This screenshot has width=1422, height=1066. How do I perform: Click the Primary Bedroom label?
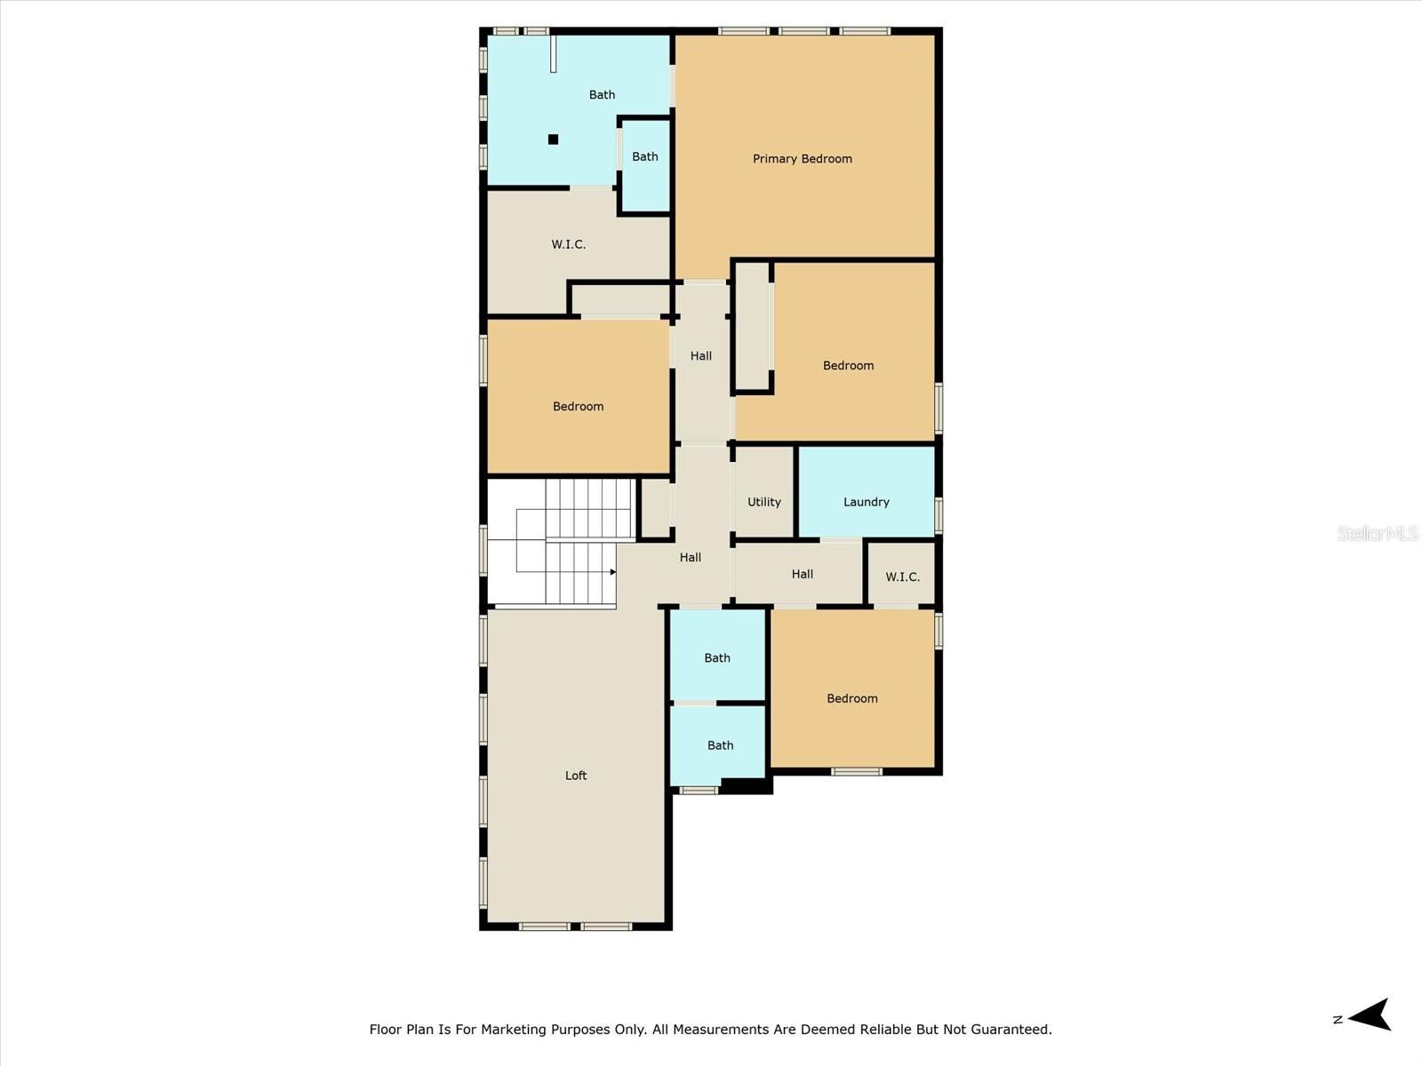point(802,159)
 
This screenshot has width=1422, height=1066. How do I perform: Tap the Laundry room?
point(866,502)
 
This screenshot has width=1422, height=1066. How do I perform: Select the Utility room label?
point(763,502)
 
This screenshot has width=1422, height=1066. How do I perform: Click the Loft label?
point(576,776)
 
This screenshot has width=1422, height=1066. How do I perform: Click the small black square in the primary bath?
point(553,139)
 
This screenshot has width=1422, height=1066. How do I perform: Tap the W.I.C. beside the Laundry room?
point(902,577)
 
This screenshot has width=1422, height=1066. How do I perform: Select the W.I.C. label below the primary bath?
point(568,244)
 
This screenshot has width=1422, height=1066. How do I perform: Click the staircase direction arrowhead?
point(613,572)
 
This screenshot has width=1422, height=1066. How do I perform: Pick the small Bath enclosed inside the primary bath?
point(645,157)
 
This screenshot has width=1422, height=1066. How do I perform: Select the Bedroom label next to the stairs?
point(578,407)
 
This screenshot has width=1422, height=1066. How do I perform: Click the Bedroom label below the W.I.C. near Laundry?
point(851,698)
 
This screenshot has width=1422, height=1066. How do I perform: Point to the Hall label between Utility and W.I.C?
point(802,575)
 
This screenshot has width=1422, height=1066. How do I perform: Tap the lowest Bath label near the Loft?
point(720,745)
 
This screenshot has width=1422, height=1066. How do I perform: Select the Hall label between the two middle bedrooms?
point(700,356)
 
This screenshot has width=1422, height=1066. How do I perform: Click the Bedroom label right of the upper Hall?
point(848,366)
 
